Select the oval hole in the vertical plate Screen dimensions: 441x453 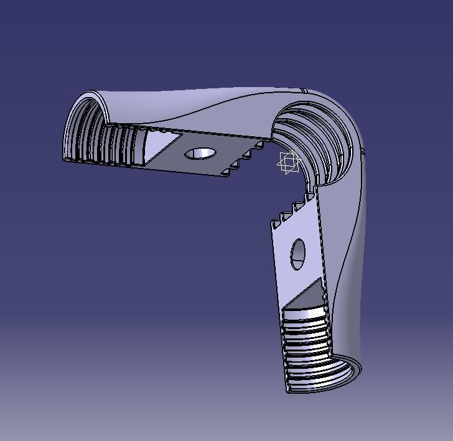click(x=298, y=254)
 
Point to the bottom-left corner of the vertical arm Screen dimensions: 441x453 click(x=288, y=391)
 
